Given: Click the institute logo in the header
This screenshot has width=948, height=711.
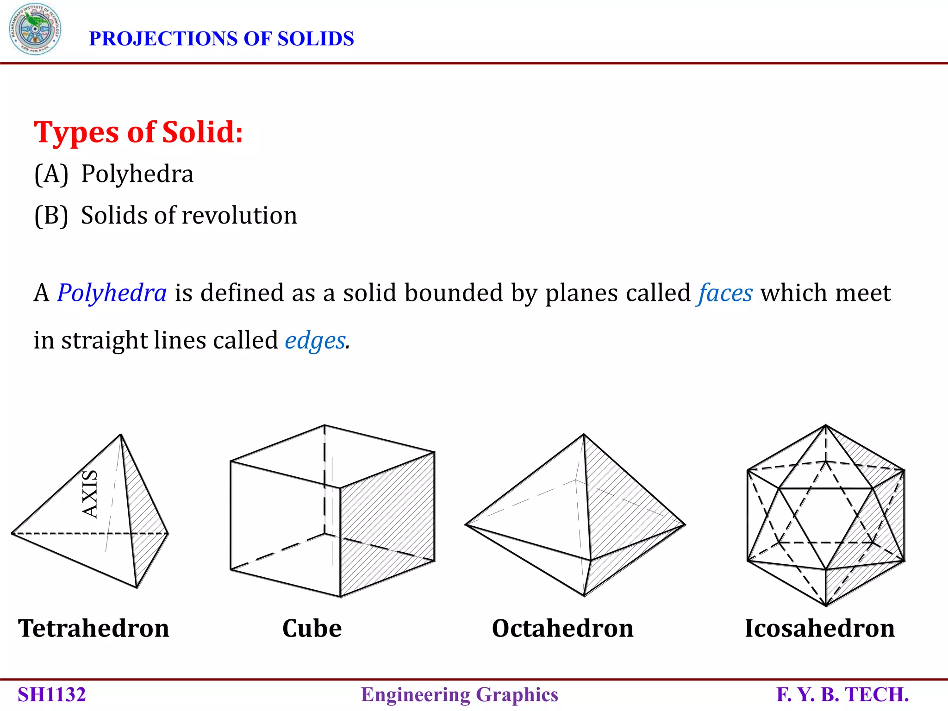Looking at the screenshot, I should click(35, 29).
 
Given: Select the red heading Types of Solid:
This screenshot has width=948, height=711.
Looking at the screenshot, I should click(138, 132).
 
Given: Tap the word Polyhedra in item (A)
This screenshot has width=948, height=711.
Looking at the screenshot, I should click(137, 174).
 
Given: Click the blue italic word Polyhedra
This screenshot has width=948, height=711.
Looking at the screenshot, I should click(112, 293).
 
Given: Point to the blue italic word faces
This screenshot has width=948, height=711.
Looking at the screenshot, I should click(725, 293).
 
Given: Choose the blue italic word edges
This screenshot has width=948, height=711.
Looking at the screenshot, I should click(315, 341).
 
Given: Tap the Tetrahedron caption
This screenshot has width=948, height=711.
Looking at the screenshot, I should click(94, 629).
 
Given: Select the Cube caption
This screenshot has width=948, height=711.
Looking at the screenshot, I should click(312, 629).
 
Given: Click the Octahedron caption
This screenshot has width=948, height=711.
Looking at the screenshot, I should click(562, 629).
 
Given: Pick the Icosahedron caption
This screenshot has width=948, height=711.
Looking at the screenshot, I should click(819, 629).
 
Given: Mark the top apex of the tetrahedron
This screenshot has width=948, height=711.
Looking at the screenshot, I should click(121, 435).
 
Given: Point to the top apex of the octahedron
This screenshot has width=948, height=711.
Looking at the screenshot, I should click(584, 435).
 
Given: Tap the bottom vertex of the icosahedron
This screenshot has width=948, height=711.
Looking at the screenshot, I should click(826, 605).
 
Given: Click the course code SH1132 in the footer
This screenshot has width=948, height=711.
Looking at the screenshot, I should click(52, 695).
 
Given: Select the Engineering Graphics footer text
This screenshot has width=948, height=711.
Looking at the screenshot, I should click(459, 695).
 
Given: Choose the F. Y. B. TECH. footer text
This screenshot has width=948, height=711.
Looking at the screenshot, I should click(842, 695).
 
